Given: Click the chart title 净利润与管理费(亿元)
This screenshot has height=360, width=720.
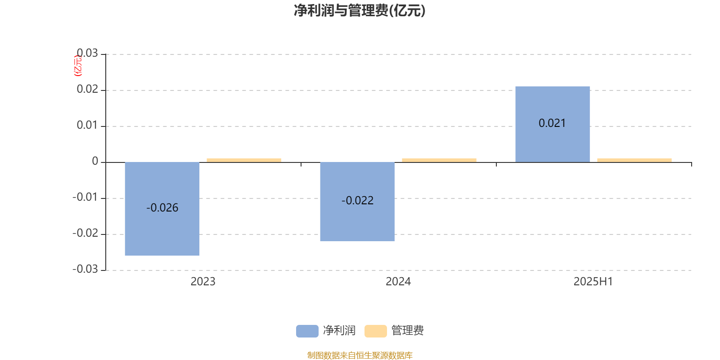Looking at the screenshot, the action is click(360, 11).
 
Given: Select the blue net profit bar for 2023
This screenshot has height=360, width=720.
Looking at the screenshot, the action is click(162, 209).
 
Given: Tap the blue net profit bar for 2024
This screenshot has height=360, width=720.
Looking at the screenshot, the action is click(357, 202).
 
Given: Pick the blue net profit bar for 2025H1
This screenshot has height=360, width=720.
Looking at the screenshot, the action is click(553, 124).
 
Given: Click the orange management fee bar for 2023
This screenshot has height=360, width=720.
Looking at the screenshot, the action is click(244, 160).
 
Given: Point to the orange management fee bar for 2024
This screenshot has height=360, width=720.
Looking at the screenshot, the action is click(439, 160).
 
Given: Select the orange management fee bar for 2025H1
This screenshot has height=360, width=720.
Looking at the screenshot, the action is click(634, 160).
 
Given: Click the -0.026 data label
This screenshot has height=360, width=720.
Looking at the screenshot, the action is click(162, 207).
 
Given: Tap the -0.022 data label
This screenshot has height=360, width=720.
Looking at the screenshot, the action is click(357, 201).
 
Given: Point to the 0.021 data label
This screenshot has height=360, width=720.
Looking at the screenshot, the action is click(552, 123).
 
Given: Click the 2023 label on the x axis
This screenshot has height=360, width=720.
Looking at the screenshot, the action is click(203, 282).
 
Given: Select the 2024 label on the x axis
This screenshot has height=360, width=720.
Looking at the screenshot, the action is click(398, 282).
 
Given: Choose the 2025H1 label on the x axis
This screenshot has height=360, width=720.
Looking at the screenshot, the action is click(594, 282).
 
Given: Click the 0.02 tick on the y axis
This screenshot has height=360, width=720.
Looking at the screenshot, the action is click(87, 89).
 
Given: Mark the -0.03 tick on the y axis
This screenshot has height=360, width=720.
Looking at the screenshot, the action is click(85, 269).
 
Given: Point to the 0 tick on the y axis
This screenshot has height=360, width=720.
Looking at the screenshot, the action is click(95, 161).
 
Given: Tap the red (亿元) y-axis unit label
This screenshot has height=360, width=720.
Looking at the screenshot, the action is click(78, 66).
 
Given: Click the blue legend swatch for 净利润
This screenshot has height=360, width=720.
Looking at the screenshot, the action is click(307, 331).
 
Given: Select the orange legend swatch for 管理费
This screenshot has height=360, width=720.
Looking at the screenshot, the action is click(375, 331).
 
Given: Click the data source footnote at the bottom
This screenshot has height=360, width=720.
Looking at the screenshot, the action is click(360, 355).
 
